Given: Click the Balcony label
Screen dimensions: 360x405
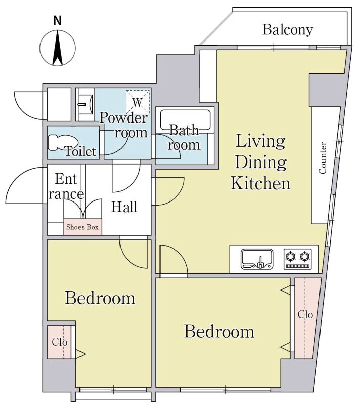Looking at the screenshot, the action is tap(288, 30).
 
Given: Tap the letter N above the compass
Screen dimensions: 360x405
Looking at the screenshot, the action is tap(57, 21).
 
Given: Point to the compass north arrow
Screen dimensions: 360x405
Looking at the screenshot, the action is tap(58, 48).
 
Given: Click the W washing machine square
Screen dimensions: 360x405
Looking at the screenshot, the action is tap(138, 102).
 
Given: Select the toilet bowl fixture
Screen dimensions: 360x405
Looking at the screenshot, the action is tap(63, 142).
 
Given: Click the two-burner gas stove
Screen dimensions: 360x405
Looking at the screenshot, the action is tap(298, 259).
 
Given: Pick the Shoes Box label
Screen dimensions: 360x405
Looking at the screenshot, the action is tap(83, 227).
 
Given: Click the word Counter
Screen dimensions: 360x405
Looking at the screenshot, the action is tap(323, 157).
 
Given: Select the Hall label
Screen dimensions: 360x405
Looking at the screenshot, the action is tap(124, 207).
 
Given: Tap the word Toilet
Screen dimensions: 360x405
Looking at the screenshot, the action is tap(81, 151).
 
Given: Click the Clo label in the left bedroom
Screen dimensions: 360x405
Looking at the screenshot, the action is tap(59, 342).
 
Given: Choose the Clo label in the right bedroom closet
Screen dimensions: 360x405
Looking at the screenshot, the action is tap(305, 314).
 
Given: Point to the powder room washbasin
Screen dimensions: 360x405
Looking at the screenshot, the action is tap(86, 104).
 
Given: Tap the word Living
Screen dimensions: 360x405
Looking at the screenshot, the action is tap(261, 142).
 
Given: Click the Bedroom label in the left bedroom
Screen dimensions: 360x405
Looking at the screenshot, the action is tap(100, 298).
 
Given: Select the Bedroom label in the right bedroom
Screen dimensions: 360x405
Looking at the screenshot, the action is tap(219, 331).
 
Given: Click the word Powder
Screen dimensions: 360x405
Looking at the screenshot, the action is tap(124, 118).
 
